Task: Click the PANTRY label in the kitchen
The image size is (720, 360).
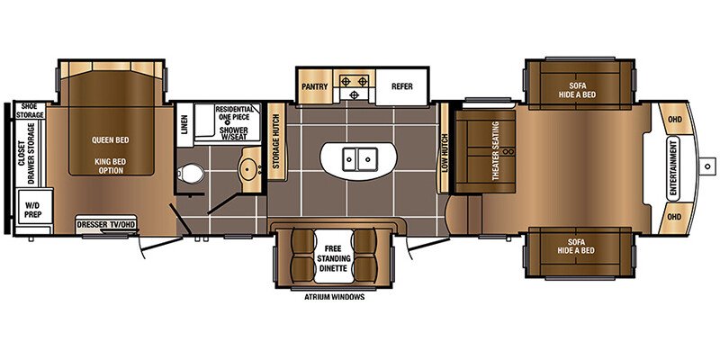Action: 314,86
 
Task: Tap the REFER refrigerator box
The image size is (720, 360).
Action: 401,86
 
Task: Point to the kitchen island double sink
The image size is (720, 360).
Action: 359,159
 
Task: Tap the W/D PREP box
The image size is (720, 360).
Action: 33,210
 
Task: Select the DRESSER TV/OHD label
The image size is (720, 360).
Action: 106,224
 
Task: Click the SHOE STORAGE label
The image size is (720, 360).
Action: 30,111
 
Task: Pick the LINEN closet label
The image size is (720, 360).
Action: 184,124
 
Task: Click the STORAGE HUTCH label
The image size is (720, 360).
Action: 276,140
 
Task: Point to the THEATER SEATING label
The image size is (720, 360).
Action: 496,150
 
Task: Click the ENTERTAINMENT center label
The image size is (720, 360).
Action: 673,169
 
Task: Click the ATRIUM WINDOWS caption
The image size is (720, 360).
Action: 334,297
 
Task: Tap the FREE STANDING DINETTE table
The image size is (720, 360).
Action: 334,257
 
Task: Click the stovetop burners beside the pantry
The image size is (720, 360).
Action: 354,86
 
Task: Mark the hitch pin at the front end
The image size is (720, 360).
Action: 708,166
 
